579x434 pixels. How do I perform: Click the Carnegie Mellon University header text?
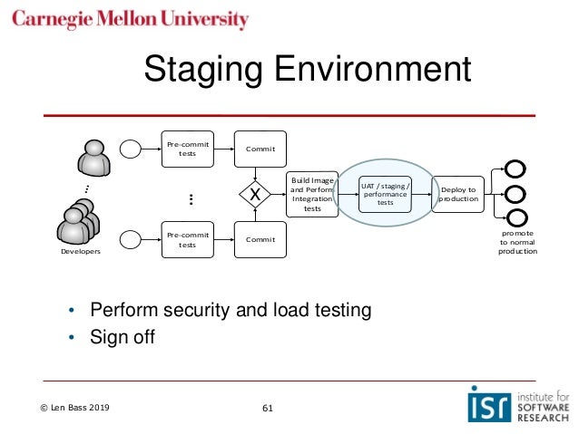(131, 20)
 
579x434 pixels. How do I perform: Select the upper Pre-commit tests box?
(187, 148)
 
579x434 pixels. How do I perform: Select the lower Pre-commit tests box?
(187, 238)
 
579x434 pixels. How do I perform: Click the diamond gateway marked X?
(256, 194)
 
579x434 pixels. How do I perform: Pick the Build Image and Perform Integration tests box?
(312, 194)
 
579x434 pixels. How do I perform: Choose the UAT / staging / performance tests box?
(385, 194)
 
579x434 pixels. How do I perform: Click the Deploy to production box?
(458, 194)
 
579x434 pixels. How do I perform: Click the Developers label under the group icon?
(81, 251)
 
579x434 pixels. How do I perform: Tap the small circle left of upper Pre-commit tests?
(131, 149)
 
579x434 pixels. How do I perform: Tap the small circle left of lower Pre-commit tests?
(131, 239)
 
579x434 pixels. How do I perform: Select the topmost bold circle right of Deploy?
(515, 169)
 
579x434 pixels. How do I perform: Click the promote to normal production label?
(517, 242)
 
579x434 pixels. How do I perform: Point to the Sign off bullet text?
(123, 337)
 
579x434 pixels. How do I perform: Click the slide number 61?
(267, 408)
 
